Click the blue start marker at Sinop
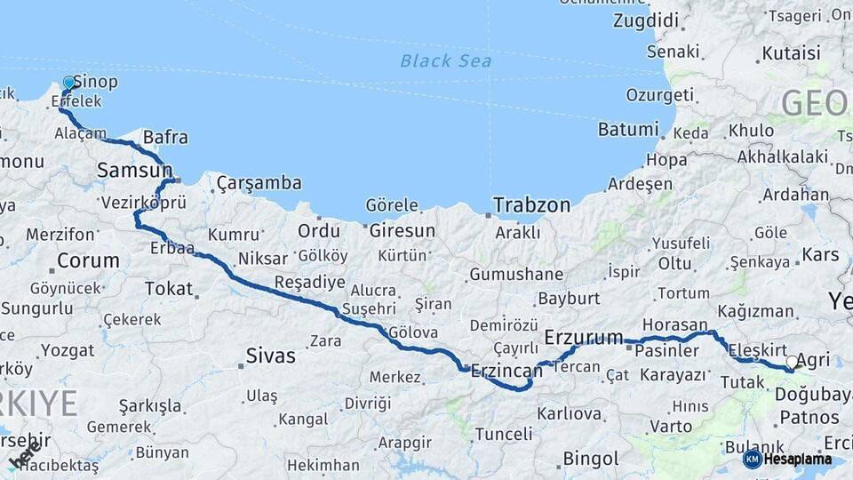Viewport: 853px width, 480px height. pyautogui.click(x=69, y=83)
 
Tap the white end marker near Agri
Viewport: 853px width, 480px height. pyautogui.click(x=793, y=362)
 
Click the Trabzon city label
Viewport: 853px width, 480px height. pyautogui.click(x=532, y=204)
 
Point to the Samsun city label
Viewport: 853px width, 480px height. pyautogui.click(x=134, y=169)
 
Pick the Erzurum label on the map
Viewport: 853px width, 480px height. pyautogui.click(x=583, y=337)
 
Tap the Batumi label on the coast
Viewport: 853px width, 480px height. pyautogui.click(x=628, y=129)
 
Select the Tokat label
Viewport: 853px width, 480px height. pyautogui.click(x=169, y=288)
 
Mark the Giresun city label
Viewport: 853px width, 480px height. pyautogui.click(x=403, y=231)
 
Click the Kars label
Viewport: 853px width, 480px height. pyautogui.click(x=820, y=255)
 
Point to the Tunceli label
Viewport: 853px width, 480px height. pyautogui.click(x=503, y=434)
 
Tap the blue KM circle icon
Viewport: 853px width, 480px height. pyautogui.click(x=753, y=459)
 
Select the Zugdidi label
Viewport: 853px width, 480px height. pyautogui.click(x=646, y=20)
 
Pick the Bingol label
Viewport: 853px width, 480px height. pyautogui.click(x=591, y=459)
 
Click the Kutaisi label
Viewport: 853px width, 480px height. pyautogui.click(x=791, y=53)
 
